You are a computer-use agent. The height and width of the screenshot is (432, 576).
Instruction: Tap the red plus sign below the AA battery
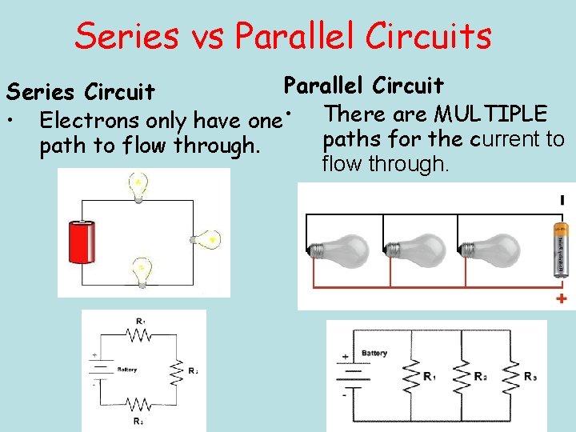coord(562,299)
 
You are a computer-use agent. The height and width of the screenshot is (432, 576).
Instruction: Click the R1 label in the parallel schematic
coord(430,375)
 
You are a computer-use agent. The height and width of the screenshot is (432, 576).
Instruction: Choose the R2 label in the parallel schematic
coord(479,375)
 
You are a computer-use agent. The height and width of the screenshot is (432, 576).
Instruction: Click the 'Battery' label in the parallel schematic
coord(374,353)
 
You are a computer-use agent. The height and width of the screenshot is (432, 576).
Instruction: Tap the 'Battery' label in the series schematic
coord(126,370)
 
